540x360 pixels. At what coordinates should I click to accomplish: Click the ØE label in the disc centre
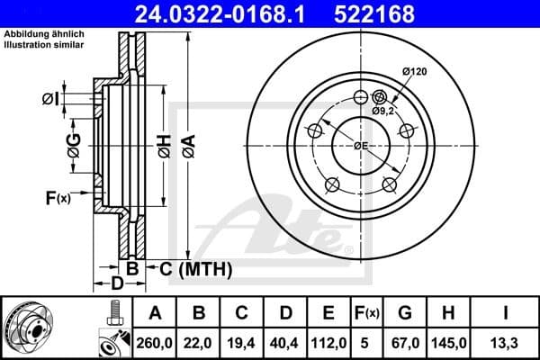point(361,146)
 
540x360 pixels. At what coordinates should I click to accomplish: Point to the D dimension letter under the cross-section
point(115,284)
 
